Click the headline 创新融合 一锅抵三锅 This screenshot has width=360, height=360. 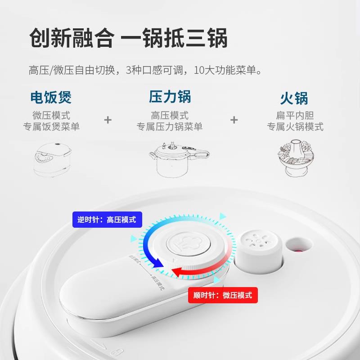[128, 38]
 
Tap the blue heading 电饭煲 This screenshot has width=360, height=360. [51, 97]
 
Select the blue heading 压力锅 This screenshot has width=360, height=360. [170, 97]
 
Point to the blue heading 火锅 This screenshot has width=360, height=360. [294, 98]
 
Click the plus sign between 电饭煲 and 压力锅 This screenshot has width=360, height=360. [108, 120]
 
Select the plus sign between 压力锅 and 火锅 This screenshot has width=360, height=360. [234, 120]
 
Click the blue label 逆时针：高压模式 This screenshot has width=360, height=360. [107, 220]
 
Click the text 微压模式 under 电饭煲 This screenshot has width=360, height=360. [51, 116]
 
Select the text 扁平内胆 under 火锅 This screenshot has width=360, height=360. [295, 116]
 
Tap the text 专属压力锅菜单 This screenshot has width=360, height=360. [170, 127]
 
